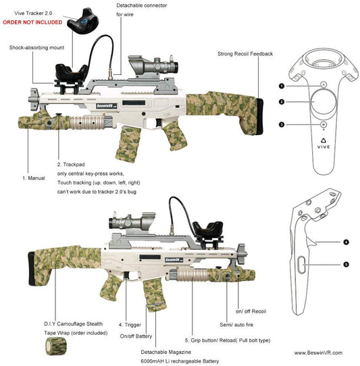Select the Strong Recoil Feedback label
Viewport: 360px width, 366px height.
pos(245,53)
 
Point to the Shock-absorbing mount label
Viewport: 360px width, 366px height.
pos(36,47)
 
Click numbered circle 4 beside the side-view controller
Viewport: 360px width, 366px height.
pos(345,241)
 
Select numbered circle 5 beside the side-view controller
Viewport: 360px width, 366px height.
pos(345,264)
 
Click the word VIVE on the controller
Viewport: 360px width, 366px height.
pos(324,145)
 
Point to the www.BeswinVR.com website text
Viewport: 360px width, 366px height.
pos(317,352)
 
